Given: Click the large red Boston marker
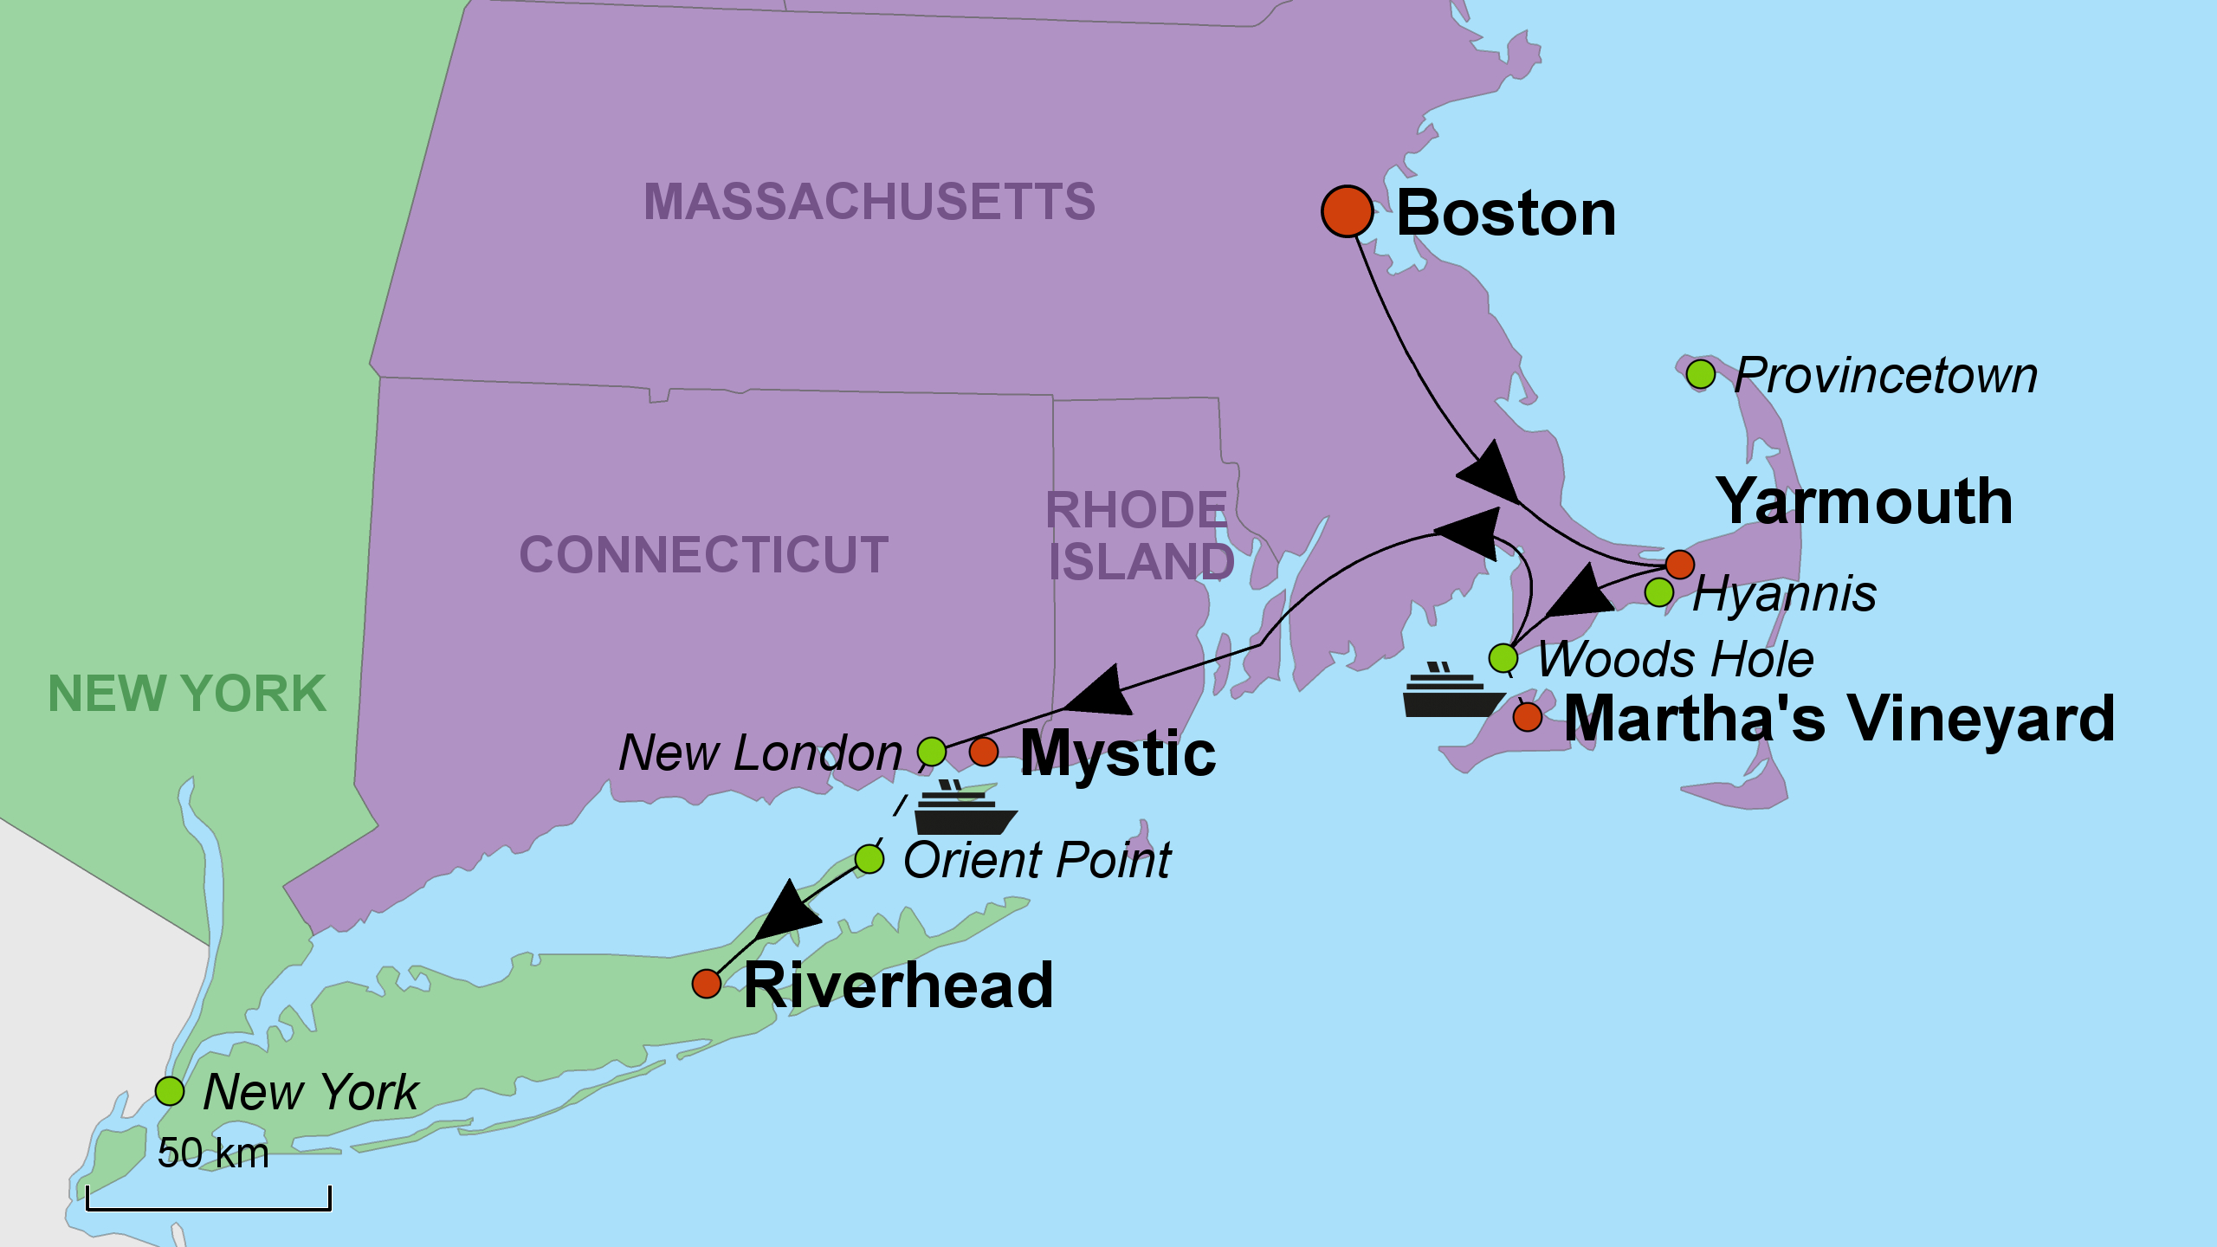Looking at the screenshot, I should [x=1347, y=211].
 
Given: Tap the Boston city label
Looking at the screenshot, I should [x=1506, y=213].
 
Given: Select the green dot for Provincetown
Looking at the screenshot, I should [x=1700, y=374].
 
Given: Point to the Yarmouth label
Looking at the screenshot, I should [x=1864, y=501].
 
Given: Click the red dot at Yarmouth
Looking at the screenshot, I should [x=1679, y=564].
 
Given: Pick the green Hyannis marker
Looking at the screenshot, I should [x=1658, y=592].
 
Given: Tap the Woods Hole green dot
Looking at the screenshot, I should [x=1503, y=658].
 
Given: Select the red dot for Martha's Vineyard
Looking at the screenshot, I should [x=1527, y=717].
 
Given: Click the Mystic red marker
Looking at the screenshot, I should [x=983, y=751].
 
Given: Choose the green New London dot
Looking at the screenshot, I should [x=931, y=751].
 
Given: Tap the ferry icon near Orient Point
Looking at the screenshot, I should [x=964, y=809].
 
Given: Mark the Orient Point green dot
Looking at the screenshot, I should [x=869, y=859].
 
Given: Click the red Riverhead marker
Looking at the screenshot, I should [x=707, y=984].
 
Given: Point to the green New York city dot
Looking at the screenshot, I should [x=170, y=1091].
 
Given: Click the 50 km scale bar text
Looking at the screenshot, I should [x=213, y=1153].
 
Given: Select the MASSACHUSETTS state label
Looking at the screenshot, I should [x=869, y=202].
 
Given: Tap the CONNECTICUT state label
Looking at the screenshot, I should [x=703, y=554].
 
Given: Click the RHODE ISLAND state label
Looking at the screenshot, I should [x=1139, y=535].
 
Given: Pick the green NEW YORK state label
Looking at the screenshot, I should [x=187, y=694].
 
